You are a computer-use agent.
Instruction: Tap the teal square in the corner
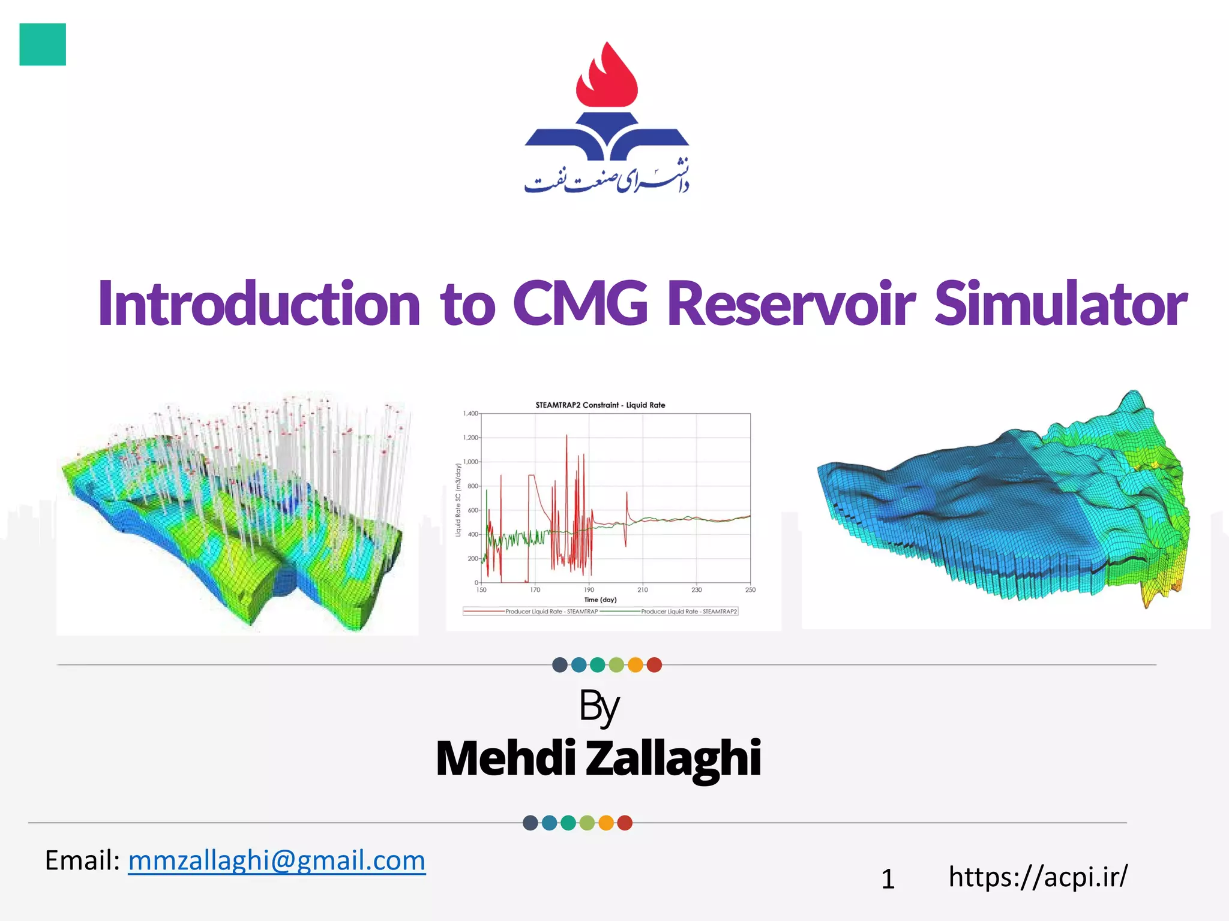click(x=43, y=44)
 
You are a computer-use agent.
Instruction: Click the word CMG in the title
click(x=580, y=303)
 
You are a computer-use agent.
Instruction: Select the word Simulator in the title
click(x=1060, y=303)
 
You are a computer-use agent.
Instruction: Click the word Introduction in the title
click(x=259, y=303)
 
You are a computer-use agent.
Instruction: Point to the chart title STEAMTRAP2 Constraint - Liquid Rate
click(x=600, y=405)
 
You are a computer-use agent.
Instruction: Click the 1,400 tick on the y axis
click(x=470, y=414)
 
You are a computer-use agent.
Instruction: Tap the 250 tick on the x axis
click(x=750, y=590)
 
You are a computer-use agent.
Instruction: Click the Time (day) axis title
click(x=600, y=600)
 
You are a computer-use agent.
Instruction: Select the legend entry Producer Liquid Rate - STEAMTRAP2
click(x=688, y=612)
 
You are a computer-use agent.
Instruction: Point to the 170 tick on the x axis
click(x=535, y=590)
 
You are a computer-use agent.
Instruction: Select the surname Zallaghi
click(x=673, y=759)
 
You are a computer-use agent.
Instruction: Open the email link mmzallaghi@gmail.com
click(x=277, y=860)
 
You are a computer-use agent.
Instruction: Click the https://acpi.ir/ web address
click(x=1038, y=877)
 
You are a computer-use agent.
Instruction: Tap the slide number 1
click(x=888, y=880)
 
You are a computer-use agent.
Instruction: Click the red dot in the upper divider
click(x=654, y=665)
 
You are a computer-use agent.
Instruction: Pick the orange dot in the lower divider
click(x=606, y=823)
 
